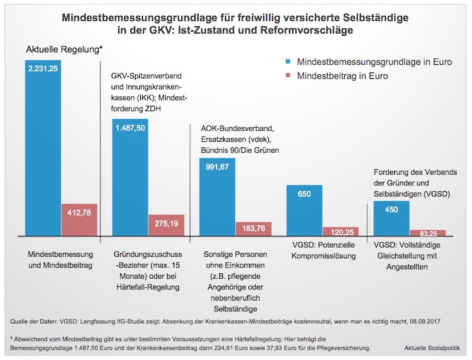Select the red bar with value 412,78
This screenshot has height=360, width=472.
[x=78, y=219]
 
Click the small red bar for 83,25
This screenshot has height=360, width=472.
[x=427, y=232]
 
